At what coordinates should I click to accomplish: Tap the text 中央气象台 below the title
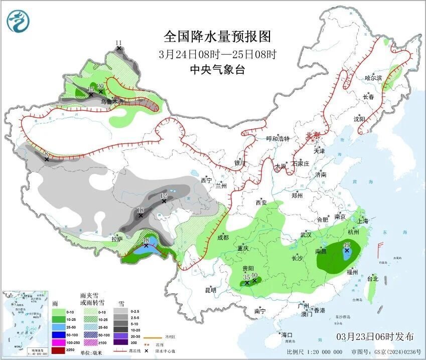tap(217, 70)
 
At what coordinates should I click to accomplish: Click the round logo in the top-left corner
tap(18, 21)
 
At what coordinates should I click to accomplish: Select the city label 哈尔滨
tap(373, 78)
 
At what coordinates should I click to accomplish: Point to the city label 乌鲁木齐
tap(112, 101)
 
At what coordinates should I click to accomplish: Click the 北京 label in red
tap(313, 135)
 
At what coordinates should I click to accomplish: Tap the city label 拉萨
tap(117, 240)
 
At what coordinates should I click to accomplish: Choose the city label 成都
tap(223, 237)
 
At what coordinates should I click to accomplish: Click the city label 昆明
tap(211, 290)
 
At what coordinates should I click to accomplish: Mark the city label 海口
tap(287, 334)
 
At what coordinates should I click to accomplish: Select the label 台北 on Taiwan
tap(372, 278)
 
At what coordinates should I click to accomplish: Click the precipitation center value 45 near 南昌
tap(347, 245)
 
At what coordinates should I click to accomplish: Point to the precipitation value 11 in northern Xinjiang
tap(118, 43)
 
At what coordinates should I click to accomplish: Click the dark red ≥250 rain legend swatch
tap(59, 349)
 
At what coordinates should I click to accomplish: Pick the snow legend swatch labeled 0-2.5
tap(120, 311)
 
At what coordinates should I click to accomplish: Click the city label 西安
tap(261, 203)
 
